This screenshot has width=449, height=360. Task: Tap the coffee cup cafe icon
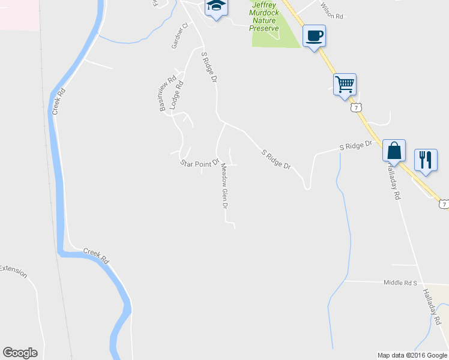click(314, 35)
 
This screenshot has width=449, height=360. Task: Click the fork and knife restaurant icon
click(426, 160)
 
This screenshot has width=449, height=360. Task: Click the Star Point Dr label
click(199, 163)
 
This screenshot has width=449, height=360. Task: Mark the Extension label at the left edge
click(13, 271)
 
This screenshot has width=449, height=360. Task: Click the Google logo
click(20, 352)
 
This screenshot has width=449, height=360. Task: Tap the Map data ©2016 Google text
click(412, 355)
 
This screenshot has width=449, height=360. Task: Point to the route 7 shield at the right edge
click(443, 205)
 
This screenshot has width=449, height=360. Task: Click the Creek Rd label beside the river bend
click(95, 256)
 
